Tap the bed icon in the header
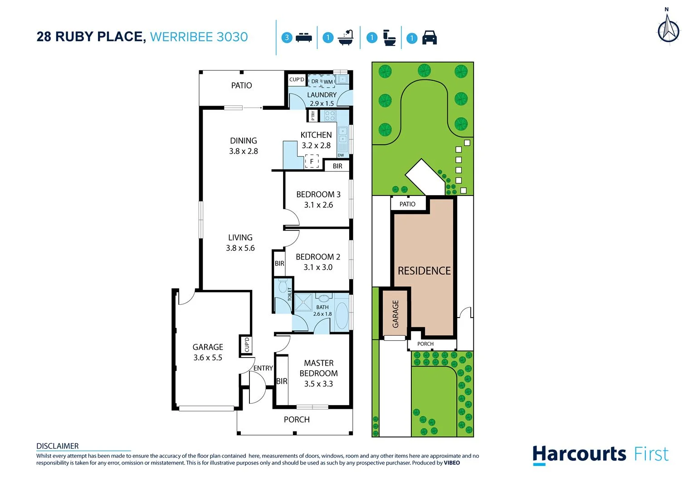(x=303, y=38)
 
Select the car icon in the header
(x=429, y=38)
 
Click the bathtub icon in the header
(x=346, y=38)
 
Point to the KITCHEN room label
(x=316, y=135)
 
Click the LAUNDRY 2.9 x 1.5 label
(x=322, y=99)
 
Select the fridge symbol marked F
(x=312, y=161)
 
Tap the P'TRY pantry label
(x=313, y=116)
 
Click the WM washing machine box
(x=328, y=82)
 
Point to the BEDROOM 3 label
(x=318, y=194)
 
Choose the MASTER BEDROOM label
(x=318, y=368)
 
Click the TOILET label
(x=290, y=294)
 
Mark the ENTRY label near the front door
(x=263, y=368)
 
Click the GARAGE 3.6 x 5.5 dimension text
(x=208, y=358)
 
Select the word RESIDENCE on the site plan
(x=424, y=271)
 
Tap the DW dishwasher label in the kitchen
(x=341, y=155)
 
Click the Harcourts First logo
(x=600, y=454)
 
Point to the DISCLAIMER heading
(x=58, y=446)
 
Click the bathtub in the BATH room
(x=342, y=315)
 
